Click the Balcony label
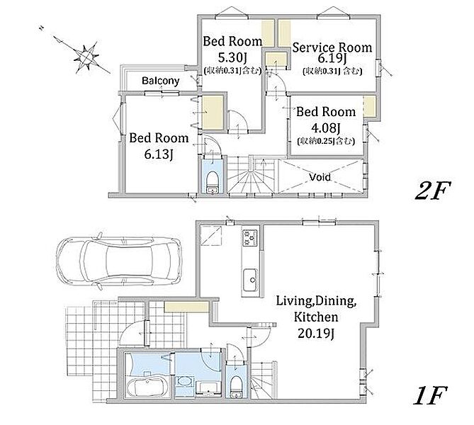click(x=161, y=81)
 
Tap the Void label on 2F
click(x=320, y=177)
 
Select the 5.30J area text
click(x=232, y=57)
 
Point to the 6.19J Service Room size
click(x=332, y=58)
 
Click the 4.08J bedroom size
click(x=326, y=128)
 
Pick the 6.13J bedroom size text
click(x=159, y=154)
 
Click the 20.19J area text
click(x=316, y=334)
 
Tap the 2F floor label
click(x=433, y=191)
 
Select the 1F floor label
click(x=430, y=395)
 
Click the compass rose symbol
click(x=86, y=57)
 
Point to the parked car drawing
click(x=119, y=260)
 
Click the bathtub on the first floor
click(x=147, y=387)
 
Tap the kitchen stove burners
click(x=250, y=237)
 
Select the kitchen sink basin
click(x=250, y=280)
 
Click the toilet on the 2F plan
click(x=213, y=181)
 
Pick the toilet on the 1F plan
click(x=236, y=386)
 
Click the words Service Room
click(x=332, y=47)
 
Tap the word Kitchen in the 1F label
click(x=316, y=317)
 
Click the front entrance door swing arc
click(x=128, y=328)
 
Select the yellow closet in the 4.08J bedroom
click(x=369, y=106)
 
